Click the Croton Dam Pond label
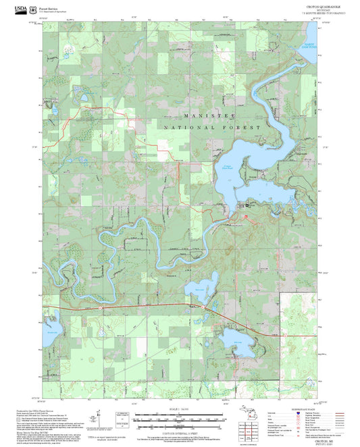pyautogui.click(x=227, y=167)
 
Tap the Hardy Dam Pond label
pyautogui.click(x=301, y=47)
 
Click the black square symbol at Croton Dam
pyautogui.click(x=247, y=205)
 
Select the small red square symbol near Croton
pyautogui.click(x=245, y=216)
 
